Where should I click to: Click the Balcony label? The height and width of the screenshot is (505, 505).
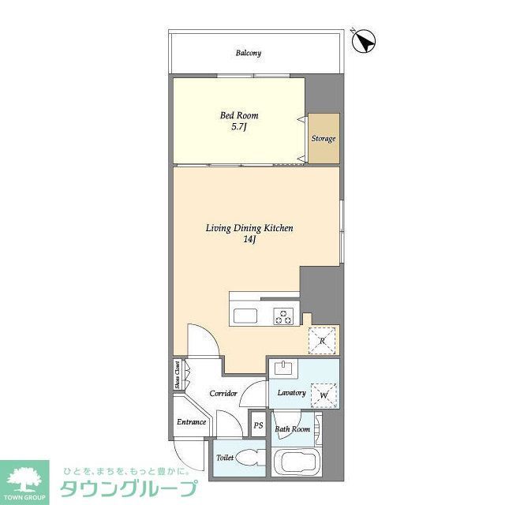tap(248, 54)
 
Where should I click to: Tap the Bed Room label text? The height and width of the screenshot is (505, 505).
tap(238, 116)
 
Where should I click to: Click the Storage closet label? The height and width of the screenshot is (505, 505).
tap(323, 139)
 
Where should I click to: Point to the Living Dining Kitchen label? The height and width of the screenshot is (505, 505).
tap(249, 228)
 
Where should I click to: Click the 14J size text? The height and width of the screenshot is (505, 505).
tap(249, 240)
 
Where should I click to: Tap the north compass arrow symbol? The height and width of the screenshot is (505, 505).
tap(364, 40)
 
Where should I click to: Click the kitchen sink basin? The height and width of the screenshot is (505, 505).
tap(245, 317)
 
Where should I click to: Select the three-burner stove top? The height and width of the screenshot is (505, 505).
tap(283, 317)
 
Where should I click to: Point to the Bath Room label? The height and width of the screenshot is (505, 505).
tap(292, 429)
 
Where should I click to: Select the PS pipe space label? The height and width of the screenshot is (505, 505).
tap(258, 426)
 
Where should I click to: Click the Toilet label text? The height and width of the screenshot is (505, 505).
tap(225, 458)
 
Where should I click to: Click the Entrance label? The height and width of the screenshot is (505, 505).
tap(191, 422)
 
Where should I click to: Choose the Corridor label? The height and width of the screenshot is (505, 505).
tap(223, 393)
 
